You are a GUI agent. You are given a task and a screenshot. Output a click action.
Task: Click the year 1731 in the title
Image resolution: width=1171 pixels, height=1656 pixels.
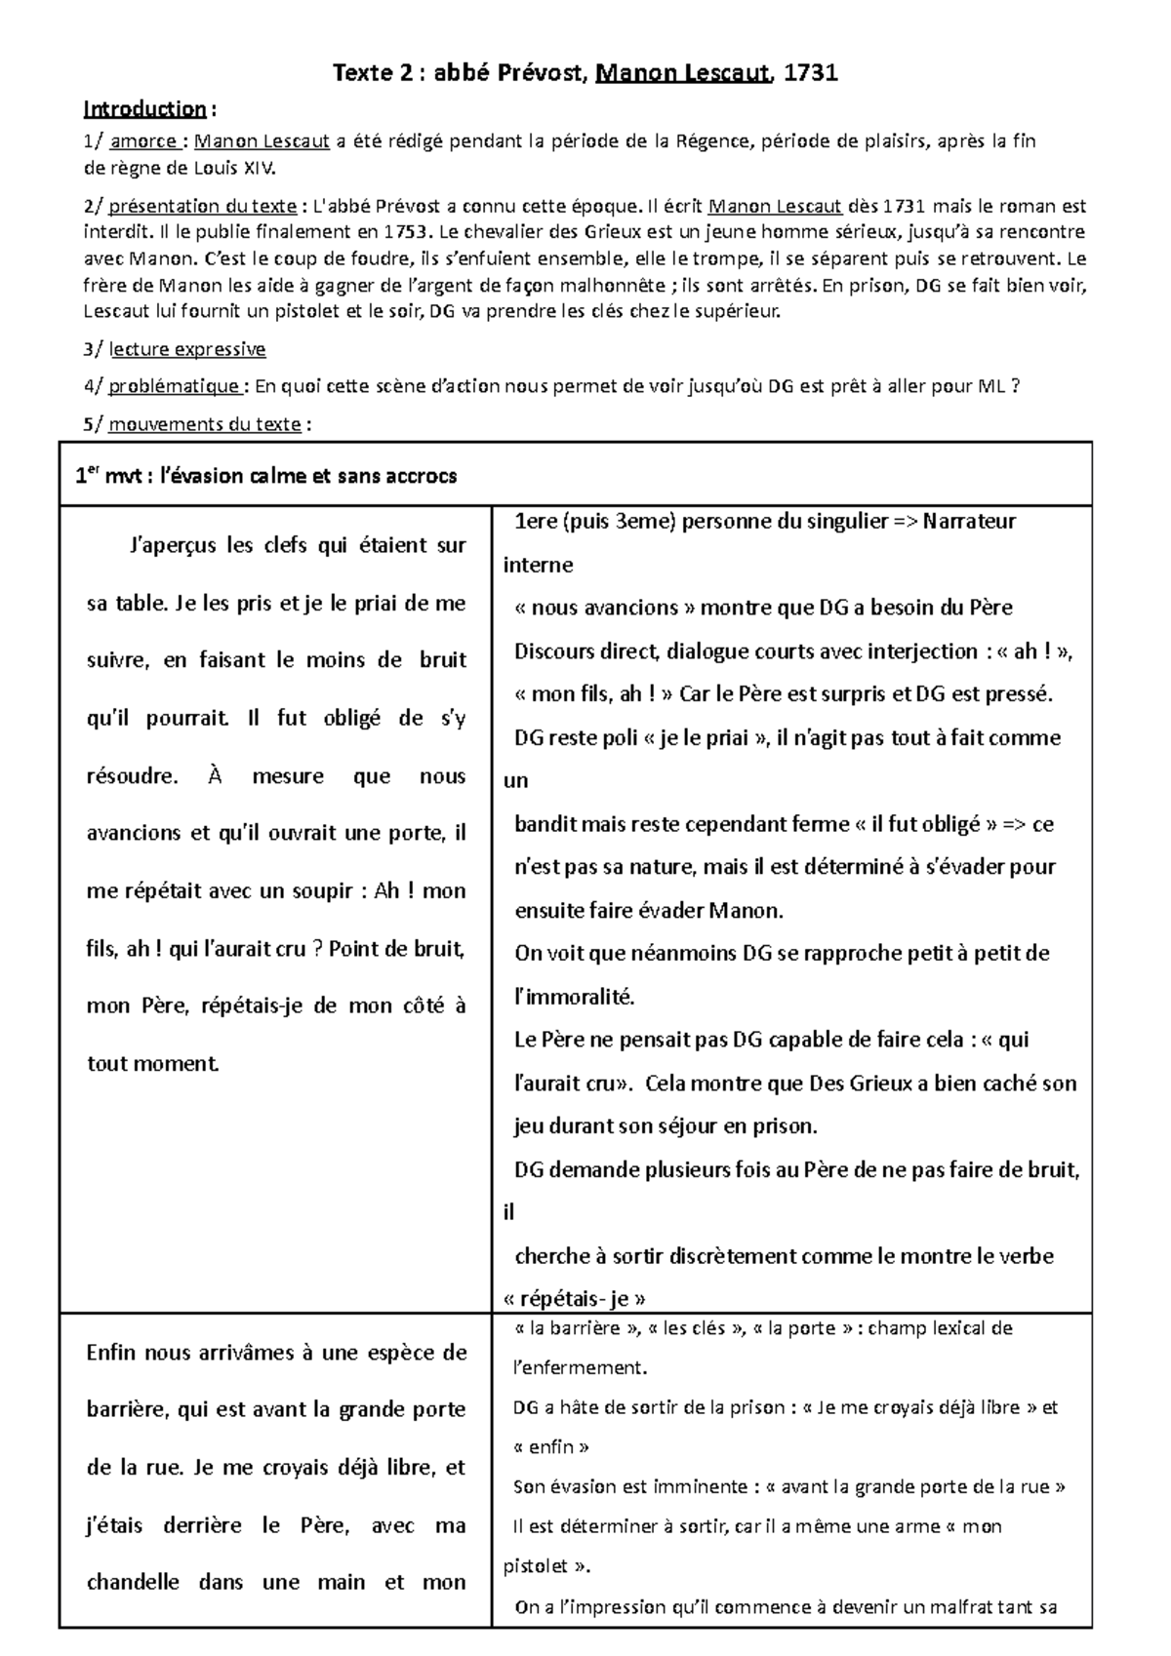pyautogui.click(x=811, y=72)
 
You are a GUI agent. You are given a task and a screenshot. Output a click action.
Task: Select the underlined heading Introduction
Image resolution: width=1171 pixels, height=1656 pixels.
pyautogui.click(x=144, y=108)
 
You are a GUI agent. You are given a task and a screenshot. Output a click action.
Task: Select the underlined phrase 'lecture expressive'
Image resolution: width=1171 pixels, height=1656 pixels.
pyautogui.click(x=186, y=349)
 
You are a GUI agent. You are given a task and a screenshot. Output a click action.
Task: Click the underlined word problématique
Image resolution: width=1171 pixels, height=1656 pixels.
pyautogui.click(x=175, y=386)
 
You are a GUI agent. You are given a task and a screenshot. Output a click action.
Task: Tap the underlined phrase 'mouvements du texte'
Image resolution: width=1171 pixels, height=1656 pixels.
pyautogui.click(x=204, y=424)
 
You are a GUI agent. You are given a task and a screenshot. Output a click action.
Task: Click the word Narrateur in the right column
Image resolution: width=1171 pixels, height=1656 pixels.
pyautogui.click(x=968, y=521)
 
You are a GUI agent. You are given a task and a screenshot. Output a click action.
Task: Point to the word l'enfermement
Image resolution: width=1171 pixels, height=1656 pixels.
pyautogui.click(x=580, y=1367)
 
